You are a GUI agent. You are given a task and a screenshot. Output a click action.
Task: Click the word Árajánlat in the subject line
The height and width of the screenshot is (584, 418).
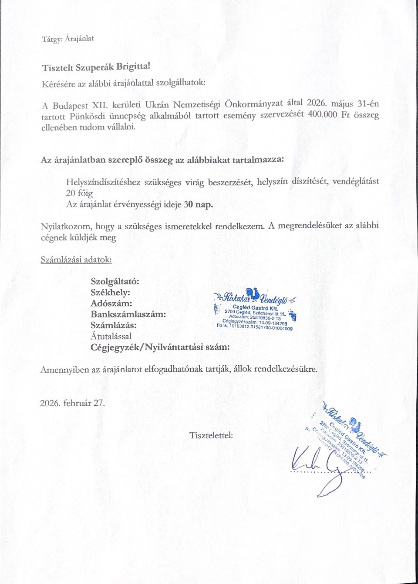tap(79, 39)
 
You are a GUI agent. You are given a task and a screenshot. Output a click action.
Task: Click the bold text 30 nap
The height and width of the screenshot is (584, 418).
tap(198, 204)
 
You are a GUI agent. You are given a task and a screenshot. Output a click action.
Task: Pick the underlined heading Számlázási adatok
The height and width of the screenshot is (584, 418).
tap(76, 260)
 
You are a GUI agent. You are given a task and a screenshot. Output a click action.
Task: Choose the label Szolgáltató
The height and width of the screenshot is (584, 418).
tap(115, 281)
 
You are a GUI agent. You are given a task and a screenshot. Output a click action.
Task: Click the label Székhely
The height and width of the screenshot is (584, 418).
tap(110, 292)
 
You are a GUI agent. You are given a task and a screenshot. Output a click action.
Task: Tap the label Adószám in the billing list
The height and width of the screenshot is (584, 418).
tap(111, 303)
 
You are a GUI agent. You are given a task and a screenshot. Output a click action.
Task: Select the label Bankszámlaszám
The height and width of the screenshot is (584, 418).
tap(128, 314)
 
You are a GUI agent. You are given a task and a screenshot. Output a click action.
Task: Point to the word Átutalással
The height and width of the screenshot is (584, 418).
tap(111, 336)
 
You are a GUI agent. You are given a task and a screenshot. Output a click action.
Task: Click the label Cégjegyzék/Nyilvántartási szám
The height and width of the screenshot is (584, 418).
tap(160, 347)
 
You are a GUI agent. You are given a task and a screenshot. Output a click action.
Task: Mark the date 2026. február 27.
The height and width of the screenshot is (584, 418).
tap(72, 403)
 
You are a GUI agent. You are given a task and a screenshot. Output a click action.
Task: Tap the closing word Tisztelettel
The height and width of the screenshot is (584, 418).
tap(211, 435)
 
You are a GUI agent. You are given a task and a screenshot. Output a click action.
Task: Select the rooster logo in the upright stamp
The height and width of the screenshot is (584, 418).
tap(252, 294)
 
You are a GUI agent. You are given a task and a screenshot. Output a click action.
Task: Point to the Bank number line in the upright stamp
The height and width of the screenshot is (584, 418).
tap(255, 327)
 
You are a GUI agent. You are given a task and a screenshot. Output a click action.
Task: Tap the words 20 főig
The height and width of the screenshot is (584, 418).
tap(79, 193)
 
